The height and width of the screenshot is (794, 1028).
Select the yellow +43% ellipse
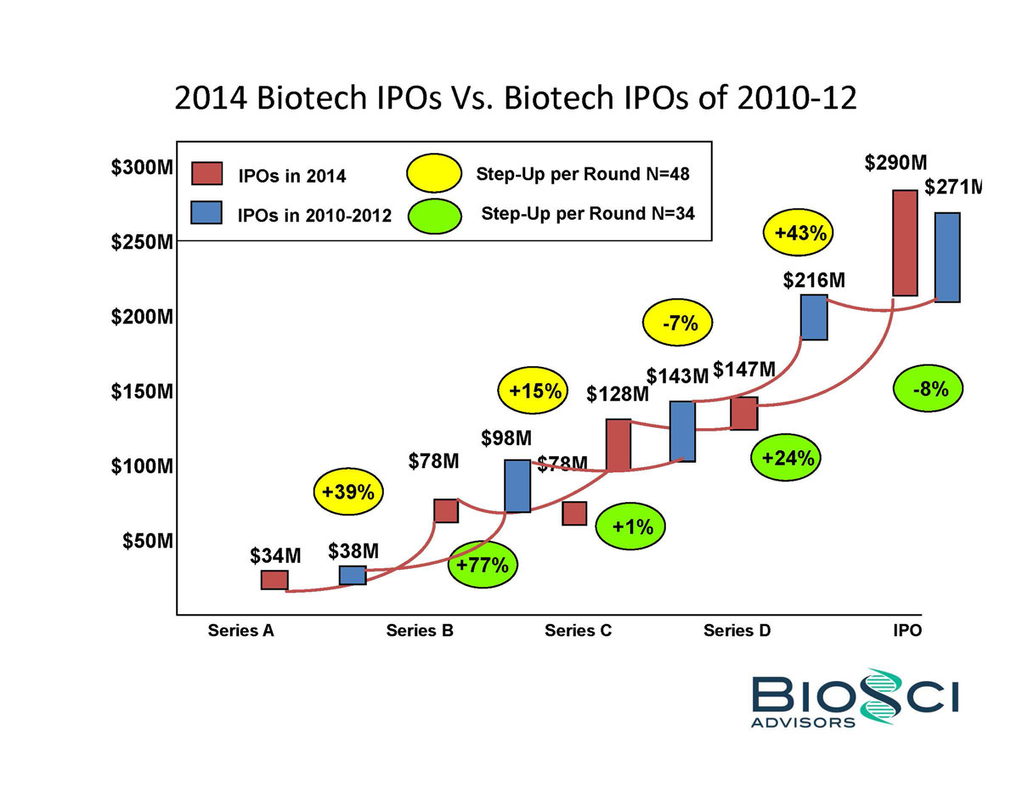coord(799,232)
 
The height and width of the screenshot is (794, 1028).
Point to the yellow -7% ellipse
coord(677,323)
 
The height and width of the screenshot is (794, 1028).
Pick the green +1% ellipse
coord(630,527)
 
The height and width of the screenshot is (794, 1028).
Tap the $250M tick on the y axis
coord(143,243)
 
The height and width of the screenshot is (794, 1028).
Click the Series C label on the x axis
coord(578,631)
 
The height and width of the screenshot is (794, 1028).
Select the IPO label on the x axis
coord(907,631)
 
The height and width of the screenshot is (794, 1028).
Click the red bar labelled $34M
coord(274,580)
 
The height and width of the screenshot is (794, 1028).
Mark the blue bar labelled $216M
coord(814,318)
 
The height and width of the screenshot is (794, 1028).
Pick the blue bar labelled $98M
coord(517,486)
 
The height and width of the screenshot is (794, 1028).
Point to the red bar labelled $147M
coord(743,414)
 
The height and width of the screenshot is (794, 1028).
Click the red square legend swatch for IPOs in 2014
coord(206,174)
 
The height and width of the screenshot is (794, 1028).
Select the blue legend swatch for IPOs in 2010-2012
coord(206,213)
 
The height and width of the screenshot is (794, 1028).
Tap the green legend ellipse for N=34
coord(434,215)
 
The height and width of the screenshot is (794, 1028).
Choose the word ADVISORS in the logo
coord(803,723)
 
